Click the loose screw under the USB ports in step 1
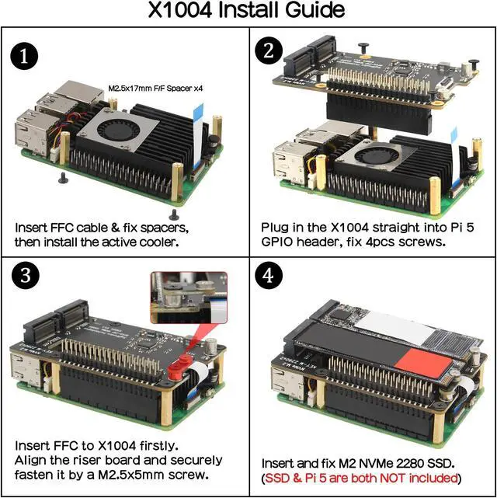click(x=62, y=178)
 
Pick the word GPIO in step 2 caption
click(x=279, y=243)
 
